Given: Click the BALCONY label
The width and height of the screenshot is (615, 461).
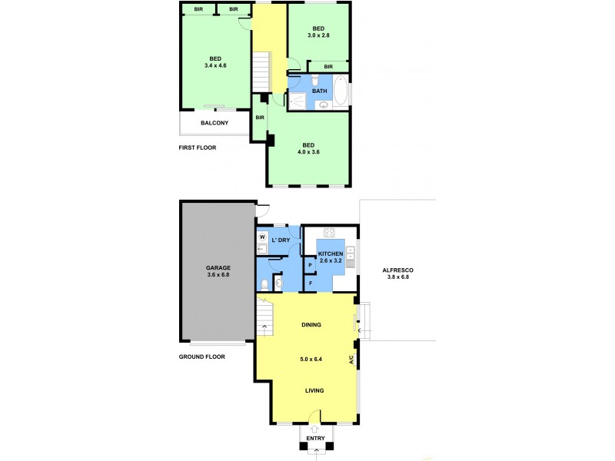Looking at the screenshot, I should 214,123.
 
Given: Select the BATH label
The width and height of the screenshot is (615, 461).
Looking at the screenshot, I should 319,92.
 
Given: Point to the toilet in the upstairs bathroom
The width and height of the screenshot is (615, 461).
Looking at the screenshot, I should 315,79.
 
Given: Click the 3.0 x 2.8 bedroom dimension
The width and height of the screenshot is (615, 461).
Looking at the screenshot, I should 318,35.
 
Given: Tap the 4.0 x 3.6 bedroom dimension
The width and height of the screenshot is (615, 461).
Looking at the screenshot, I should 308,152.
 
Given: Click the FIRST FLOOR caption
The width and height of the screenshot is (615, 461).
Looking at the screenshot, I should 198,148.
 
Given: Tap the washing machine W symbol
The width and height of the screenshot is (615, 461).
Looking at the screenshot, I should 262,237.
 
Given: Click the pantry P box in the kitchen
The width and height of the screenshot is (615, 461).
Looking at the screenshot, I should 310,265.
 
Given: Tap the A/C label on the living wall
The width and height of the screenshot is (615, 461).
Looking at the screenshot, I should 351,359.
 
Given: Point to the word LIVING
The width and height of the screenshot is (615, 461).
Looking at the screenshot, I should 314,390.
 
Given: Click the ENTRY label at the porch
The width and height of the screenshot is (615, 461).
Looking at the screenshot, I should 316,439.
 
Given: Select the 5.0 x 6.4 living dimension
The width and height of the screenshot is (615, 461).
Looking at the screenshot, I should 311,358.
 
